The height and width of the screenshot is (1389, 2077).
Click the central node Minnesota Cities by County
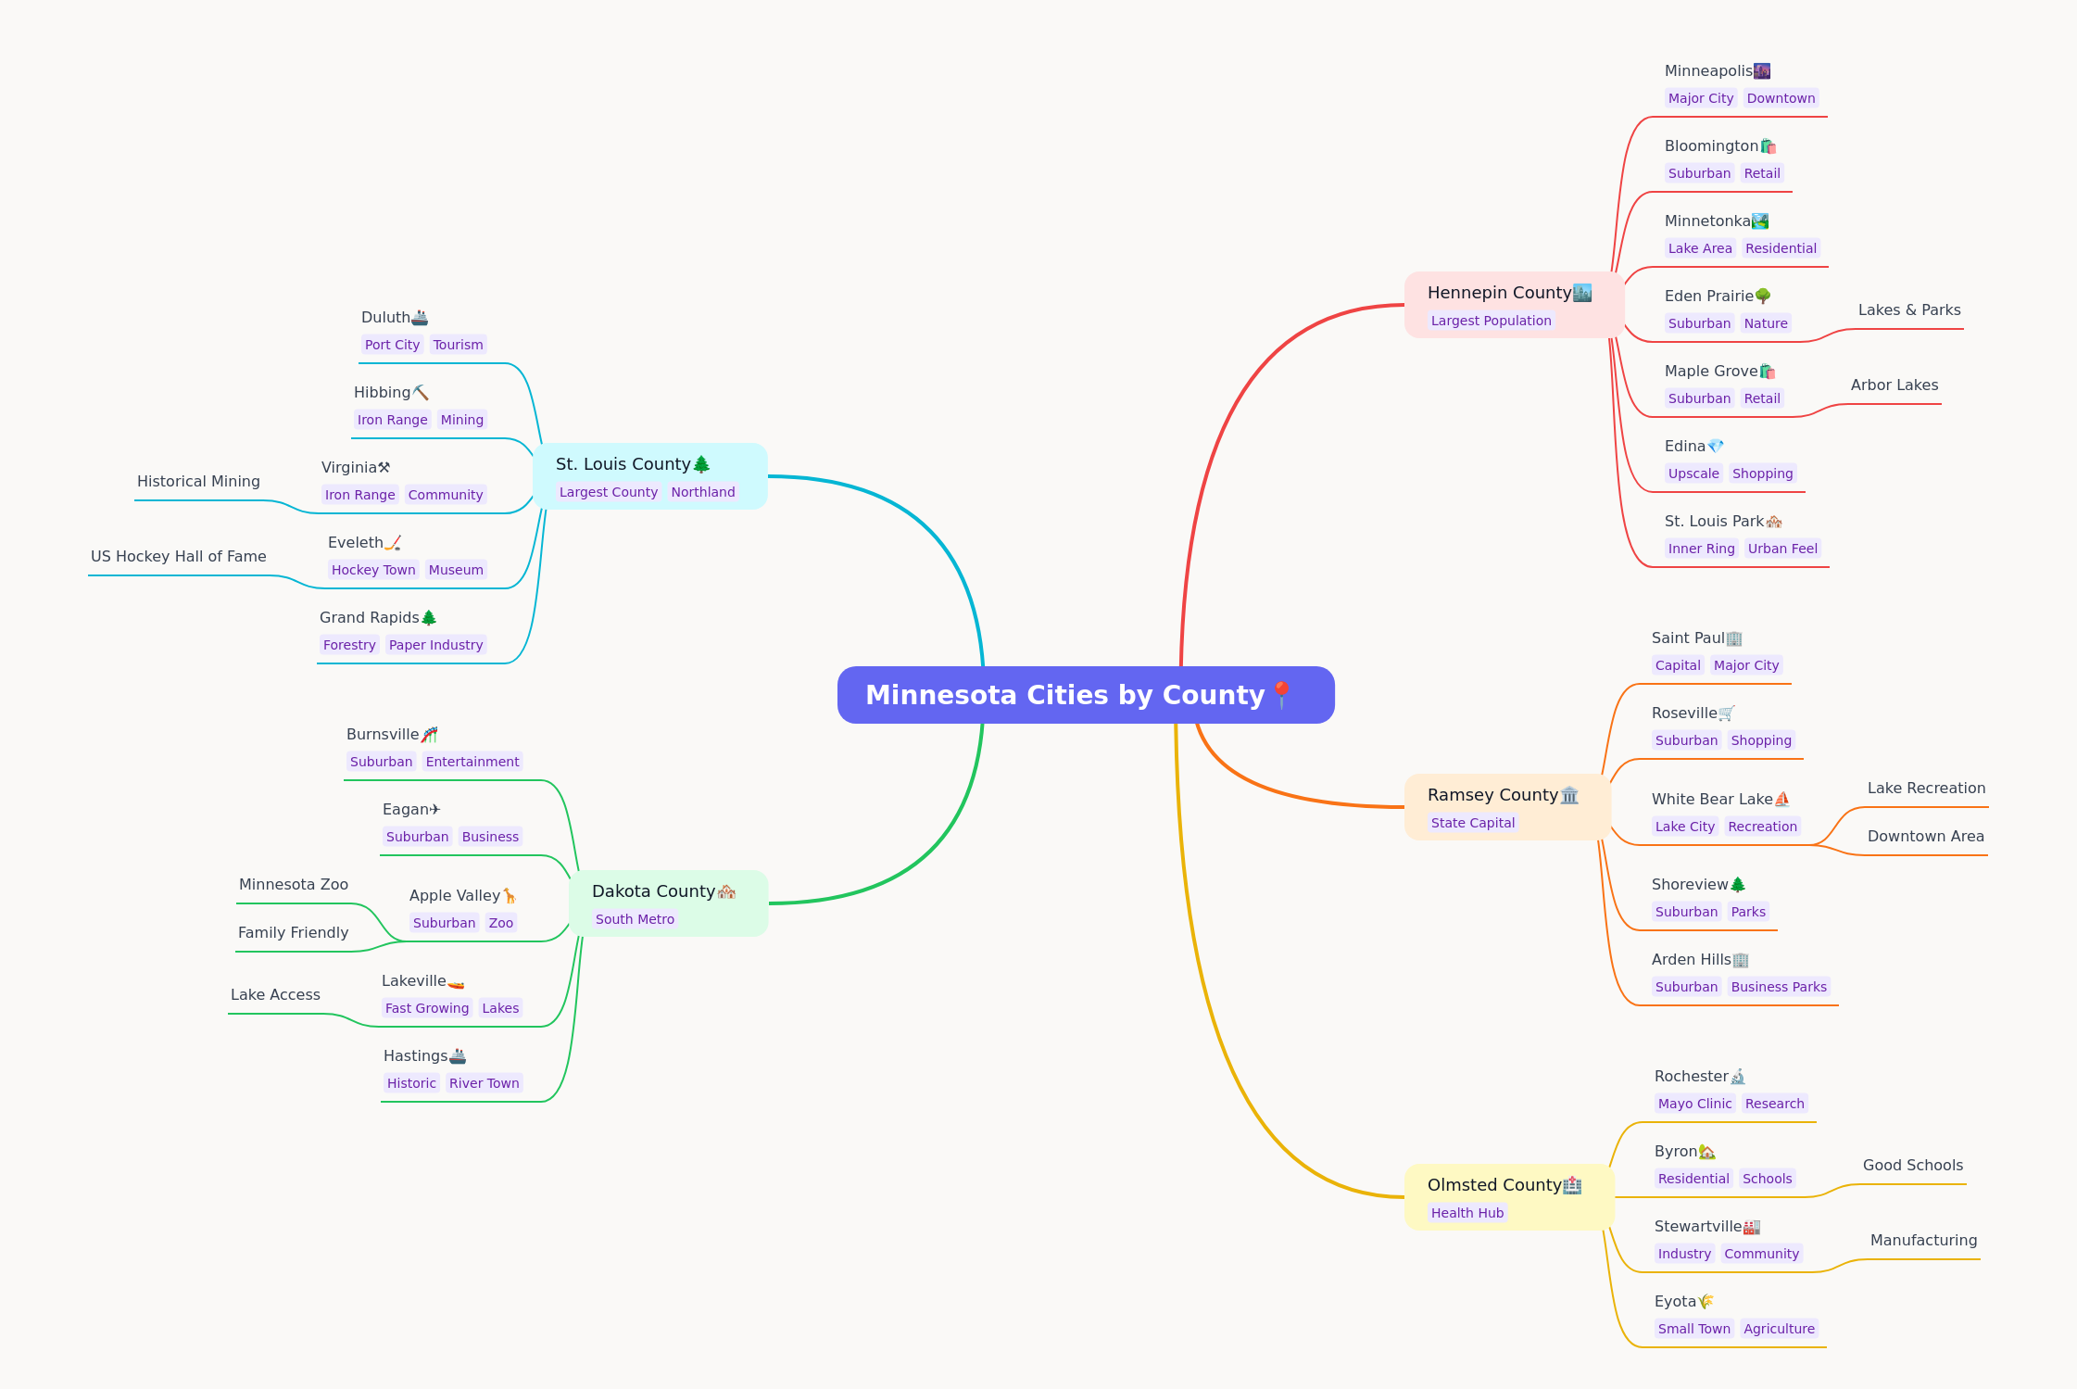(x=1086, y=695)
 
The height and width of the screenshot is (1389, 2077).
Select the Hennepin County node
(x=1514, y=305)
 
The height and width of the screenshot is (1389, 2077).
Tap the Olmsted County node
(x=1509, y=1197)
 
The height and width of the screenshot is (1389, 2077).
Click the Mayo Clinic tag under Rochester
(x=1694, y=1104)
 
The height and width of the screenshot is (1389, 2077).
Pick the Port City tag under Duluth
(x=392, y=345)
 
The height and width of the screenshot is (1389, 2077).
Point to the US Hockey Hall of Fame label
(x=179, y=556)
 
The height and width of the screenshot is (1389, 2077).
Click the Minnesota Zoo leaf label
(x=294, y=884)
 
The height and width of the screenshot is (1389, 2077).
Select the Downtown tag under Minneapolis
(x=1781, y=98)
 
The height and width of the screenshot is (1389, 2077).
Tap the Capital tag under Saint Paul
(x=1678, y=665)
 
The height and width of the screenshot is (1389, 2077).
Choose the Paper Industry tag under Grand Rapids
(x=435, y=645)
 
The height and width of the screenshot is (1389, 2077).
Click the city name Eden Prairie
(x=1709, y=296)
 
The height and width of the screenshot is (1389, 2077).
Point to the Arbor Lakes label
(x=1894, y=385)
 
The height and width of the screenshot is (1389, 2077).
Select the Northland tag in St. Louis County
(x=703, y=492)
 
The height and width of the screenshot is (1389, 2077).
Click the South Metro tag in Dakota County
(x=635, y=919)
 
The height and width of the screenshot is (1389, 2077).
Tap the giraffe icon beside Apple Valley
(x=510, y=895)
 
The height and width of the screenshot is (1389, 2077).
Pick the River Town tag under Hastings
(x=484, y=1083)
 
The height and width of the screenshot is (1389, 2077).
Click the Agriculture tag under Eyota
(x=1779, y=1329)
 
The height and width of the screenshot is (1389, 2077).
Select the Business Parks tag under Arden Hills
(x=1779, y=987)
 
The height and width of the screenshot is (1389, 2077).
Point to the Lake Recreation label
(x=1927, y=788)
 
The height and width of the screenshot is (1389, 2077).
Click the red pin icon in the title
(x=1282, y=695)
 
